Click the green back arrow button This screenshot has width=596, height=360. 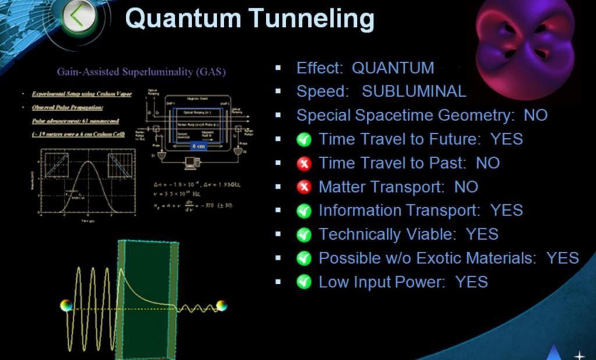click(x=77, y=17)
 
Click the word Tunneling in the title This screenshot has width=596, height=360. click(x=312, y=18)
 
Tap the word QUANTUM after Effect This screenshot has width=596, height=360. click(x=393, y=68)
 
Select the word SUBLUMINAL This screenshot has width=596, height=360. click(x=414, y=92)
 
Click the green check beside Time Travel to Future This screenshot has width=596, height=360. click(x=304, y=140)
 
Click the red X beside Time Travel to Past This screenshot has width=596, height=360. click(x=304, y=163)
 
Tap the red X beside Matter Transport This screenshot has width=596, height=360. click(x=304, y=187)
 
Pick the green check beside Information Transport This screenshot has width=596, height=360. click(x=304, y=211)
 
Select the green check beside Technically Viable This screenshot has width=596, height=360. click(x=304, y=235)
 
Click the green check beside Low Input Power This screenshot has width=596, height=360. click(x=304, y=283)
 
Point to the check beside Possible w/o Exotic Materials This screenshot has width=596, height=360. click(x=304, y=259)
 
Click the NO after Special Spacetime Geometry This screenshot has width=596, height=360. click(x=535, y=115)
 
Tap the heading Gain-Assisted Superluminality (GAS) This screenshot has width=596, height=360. click(x=141, y=72)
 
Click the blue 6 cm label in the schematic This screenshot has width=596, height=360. click(x=198, y=146)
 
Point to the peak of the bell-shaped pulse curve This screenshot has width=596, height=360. click(x=88, y=162)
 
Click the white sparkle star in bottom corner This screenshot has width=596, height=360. click(x=579, y=354)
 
